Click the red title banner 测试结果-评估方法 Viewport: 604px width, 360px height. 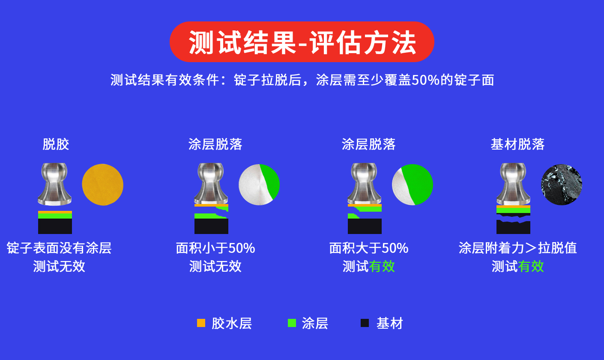click(x=302, y=42)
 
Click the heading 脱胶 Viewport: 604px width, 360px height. click(x=56, y=144)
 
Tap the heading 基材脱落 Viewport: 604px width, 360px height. click(x=517, y=144)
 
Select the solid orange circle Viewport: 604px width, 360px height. click(x=103, y=185)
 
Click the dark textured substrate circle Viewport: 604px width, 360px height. click(x=562, y=185)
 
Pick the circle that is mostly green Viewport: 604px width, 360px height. click(x=413, y=185)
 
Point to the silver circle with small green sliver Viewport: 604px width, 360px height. click(x=259, y=185)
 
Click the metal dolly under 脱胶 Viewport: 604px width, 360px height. click(x=54, y=184)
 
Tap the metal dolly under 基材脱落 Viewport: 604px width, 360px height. click(x=513, y=184)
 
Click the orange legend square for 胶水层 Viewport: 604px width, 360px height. click(x=201, y=323)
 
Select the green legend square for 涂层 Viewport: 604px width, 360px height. click(x=292, y=323)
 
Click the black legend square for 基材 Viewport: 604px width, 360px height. click(x=365, y=323)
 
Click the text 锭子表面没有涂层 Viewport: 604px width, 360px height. click(x=59, y=248)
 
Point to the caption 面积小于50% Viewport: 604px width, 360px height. click(x=215, y=248)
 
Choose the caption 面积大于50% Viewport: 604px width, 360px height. click(x=369, y=248)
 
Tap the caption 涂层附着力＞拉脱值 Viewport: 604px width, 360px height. click(x=517, y=248)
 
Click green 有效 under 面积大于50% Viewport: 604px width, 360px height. click(x=382, y=267)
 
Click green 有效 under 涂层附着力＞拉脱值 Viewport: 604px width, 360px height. click(x=531, y=267)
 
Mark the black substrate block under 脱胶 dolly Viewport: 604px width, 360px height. click(x=55, y=226)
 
